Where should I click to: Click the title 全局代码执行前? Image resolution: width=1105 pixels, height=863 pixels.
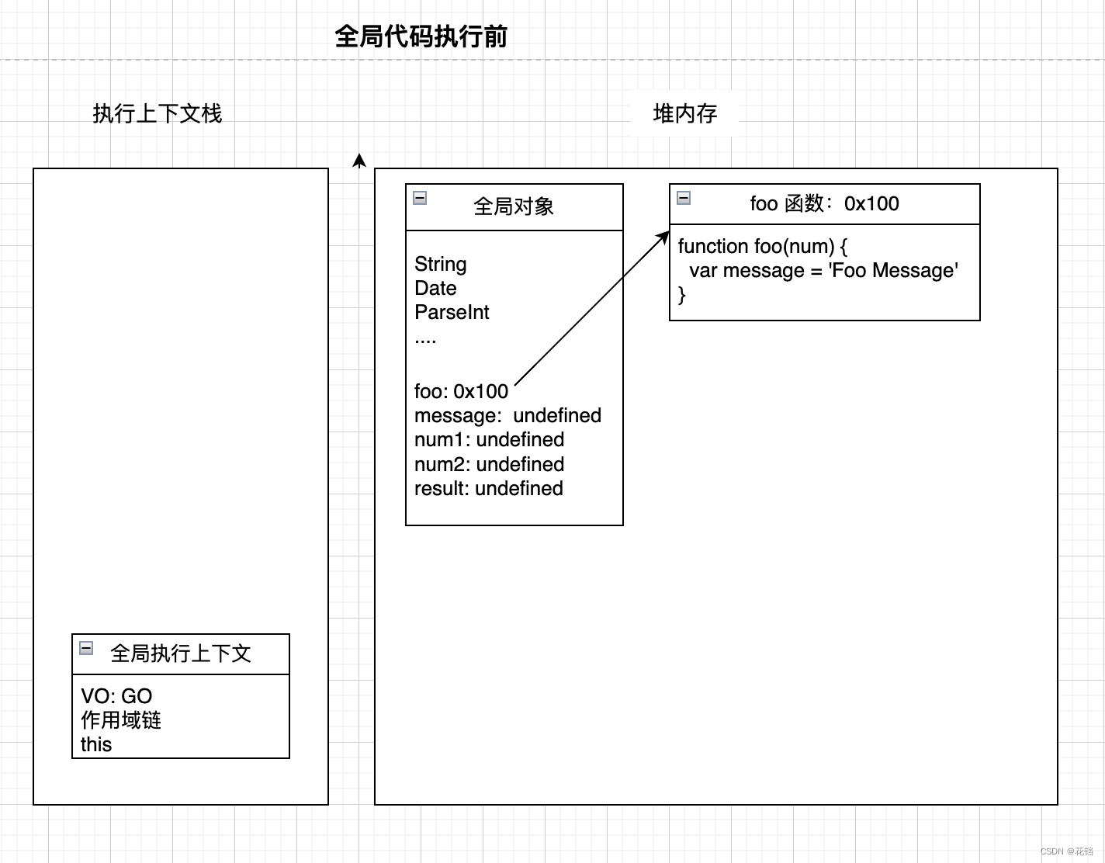click(x=421, y=36)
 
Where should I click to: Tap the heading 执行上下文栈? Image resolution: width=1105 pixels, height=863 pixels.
click(x=158, y=113)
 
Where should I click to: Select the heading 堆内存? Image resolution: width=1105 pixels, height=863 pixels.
click(x=684, y=113)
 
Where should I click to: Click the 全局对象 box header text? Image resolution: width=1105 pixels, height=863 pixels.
click(x=513, y=206)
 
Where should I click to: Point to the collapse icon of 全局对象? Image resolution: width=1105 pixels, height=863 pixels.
click(x=420, y=198)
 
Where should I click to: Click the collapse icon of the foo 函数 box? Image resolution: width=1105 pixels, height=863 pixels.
click(x=684, y=198)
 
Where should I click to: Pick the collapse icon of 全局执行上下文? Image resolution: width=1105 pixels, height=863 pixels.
click(x=86, y=648)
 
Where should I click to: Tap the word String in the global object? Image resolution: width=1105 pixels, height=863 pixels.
click(x=440, y=264)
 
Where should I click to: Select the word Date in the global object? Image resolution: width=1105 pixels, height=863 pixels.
click(x=435, y=288)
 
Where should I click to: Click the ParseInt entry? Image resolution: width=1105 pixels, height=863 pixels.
click(x=452, y=312)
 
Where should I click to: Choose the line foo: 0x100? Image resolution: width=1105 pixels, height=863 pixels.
click(x=461, y=391)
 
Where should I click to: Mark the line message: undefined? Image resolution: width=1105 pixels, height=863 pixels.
click(x=507, y=415)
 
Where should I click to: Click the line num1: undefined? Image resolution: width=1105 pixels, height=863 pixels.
click(x=489, y=439)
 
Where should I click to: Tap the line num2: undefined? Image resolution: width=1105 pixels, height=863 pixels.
click(x=489, y=464)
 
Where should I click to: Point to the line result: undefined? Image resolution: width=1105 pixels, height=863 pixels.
click(x=488, y=488)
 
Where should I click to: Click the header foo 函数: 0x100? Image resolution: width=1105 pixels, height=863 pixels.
click(x=824, y=203)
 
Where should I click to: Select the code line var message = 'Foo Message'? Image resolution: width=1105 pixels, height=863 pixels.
click(x=823, y=270)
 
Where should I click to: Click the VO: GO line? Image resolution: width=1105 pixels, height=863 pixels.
click(x=116, y=696)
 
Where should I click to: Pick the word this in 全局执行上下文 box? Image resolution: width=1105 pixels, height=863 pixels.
click(x=96, y=744)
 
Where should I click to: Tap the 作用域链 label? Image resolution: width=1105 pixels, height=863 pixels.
click(x=121, y=720)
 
